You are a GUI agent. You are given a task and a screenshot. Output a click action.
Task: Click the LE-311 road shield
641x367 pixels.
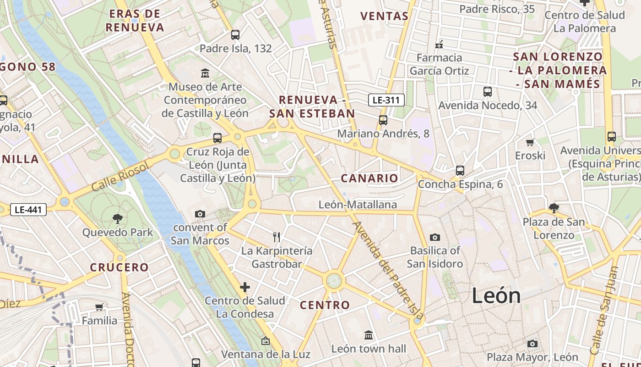(x=386, y=100)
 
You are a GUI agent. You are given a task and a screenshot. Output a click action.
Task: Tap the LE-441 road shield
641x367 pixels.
(x=28, y=210)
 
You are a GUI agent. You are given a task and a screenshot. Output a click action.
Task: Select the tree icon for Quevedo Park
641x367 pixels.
(x=118, y=218)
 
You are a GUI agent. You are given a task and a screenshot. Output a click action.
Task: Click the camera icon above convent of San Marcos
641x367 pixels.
(x=200, y=214)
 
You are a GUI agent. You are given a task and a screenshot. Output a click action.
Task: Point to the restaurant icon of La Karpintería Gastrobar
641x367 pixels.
(x=277, y=237)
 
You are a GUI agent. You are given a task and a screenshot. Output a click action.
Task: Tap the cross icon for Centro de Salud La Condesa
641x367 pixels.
(x=245, y=287)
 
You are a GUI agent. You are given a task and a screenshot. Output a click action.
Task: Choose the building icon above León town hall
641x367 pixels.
(x=369, y=335)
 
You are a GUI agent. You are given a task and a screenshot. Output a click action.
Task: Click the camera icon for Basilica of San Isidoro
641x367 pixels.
(x=435, y=237)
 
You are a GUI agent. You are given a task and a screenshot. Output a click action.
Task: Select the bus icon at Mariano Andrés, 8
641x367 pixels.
(x=383, y=120)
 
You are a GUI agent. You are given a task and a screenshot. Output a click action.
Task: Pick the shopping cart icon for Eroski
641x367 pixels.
(x=530, y=142)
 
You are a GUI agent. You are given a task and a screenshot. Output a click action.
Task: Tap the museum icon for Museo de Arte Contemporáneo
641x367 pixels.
(x=205, y=73)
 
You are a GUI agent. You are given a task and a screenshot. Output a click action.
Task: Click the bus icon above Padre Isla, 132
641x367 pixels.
(x=235, y=34)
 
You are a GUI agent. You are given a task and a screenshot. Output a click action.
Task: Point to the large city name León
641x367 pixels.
(x=496, y=295)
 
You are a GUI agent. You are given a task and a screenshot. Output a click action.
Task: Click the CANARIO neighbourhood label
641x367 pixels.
(x=369, y=178)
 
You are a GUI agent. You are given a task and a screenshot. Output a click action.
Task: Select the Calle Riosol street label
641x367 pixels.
(x=120, y=177)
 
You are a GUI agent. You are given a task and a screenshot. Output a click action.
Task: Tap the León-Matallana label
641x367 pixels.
(x=358, y=205)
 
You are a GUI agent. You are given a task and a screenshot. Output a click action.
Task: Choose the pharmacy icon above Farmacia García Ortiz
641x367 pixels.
(x=439, y=44)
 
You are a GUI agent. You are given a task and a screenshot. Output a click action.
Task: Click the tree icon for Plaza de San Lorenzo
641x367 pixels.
(x=554, y=208)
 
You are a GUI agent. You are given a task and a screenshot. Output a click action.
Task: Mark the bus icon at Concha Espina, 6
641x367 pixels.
(x=460, y=171)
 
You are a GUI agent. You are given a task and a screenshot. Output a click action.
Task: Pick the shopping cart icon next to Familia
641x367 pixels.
(x=99, y=307)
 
